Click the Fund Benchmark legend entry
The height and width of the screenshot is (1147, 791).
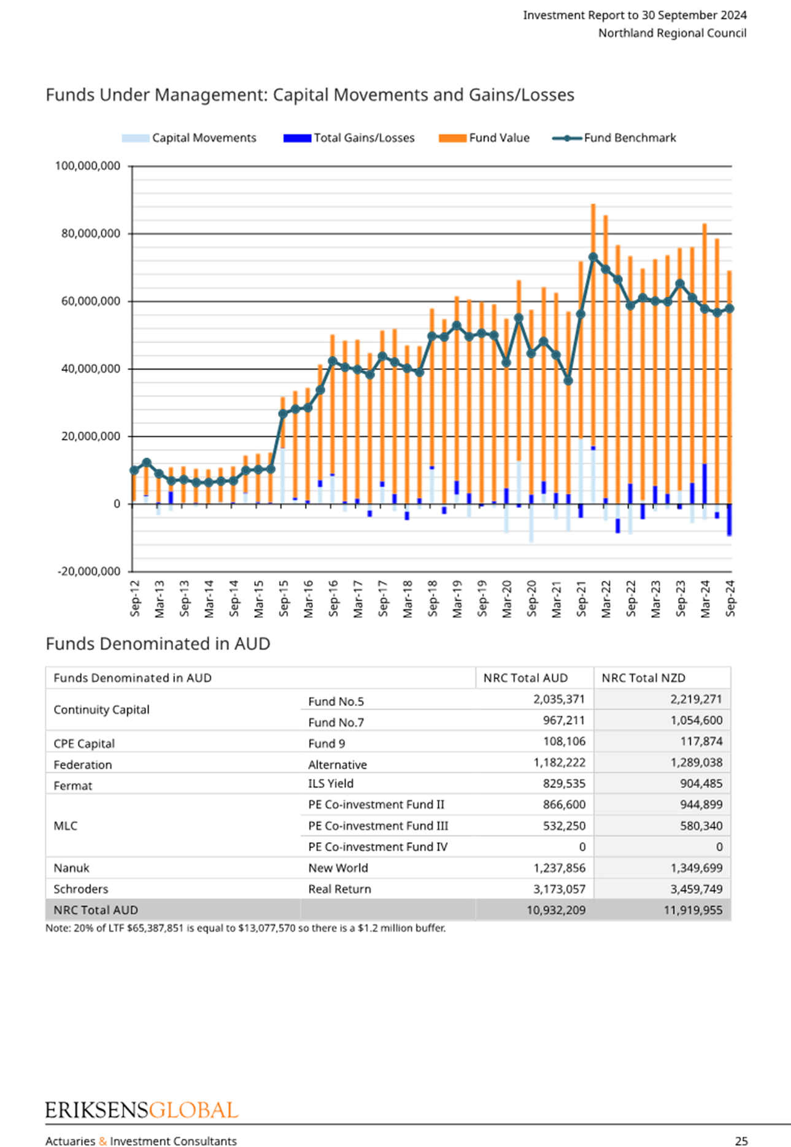pos(614,138)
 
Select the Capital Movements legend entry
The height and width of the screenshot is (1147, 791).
pos(189,138)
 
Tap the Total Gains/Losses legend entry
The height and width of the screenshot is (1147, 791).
pos(349,138)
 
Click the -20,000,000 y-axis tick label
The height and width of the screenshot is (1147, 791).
pos(89,572)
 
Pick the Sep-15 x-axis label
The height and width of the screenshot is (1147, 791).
pos(284,598)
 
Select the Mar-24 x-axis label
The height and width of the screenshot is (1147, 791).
pos(705,599)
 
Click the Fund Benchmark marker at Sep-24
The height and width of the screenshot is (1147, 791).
pos(730,309)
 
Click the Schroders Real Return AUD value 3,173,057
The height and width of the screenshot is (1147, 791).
pos(559,889)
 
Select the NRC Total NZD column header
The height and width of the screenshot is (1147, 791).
pos(643,678)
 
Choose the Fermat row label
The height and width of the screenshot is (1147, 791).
pos(73,786)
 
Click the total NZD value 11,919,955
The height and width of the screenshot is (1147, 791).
pos(693,910)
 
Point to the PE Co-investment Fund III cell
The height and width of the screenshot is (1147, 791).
pos(378,826)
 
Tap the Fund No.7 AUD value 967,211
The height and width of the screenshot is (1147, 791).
pos(564,720)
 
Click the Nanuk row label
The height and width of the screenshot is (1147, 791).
pos(71,868)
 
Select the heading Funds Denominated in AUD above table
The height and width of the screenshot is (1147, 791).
pos(158,644)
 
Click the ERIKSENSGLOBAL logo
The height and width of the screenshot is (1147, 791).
pos(142,1110)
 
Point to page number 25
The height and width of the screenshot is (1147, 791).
pos(741,1141)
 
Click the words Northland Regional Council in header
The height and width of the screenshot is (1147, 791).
pos(673,33)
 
